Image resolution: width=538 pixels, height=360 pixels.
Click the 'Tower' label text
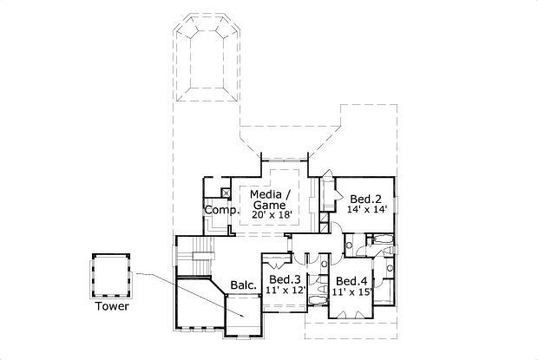(x=112, y=306)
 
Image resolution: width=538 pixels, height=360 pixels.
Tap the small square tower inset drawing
(x=110, y=274)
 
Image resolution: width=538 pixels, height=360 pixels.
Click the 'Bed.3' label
(x=285, y=279)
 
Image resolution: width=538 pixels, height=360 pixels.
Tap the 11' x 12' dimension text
(x=285, y=291)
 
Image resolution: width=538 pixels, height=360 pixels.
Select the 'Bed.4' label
(x=351, y=281)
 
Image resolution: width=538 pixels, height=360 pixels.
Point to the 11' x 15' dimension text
(x=351, y=292)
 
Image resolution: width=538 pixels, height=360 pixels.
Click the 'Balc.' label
(x=243, y=285)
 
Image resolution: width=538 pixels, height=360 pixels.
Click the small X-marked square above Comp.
(x=225, y=193)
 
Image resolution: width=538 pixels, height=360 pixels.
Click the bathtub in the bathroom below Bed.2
(x=381, y=239)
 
